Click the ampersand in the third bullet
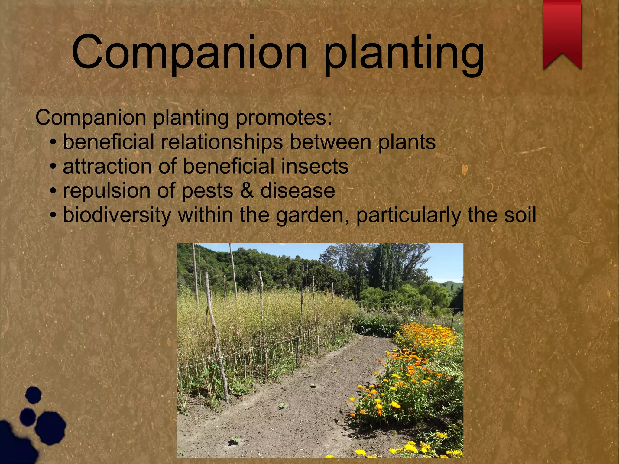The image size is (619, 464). coord(247,191)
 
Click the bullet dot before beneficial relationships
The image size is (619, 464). coord(53,142)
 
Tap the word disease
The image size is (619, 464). coord(297,191)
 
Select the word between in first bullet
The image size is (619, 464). coord(330,142)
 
